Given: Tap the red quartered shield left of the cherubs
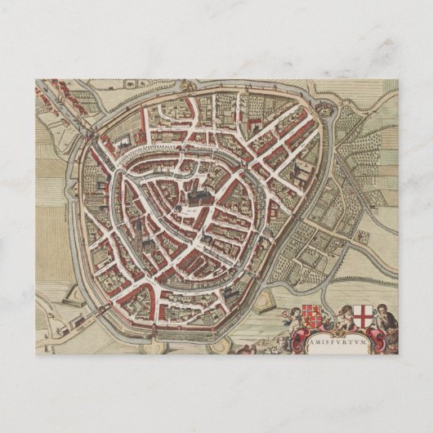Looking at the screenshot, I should click(x=310, y=318).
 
